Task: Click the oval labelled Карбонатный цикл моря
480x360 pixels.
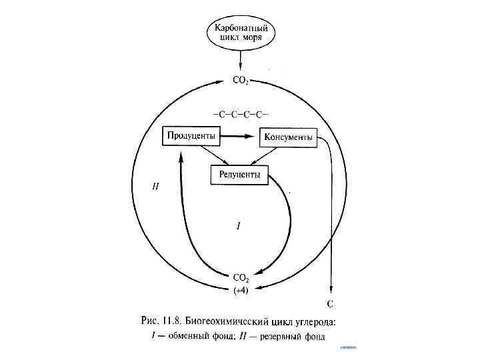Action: pyautogui.click(x=241, y=32)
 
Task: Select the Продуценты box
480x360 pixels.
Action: pyautogui.click(x=191, y=136)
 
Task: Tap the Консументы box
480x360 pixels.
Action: pyautogui.click(x=287, y=137)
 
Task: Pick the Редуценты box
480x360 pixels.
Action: pyautogui.click(x=239, y=175)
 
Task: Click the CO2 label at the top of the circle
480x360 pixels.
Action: pyautogui.click(x=241, y=81)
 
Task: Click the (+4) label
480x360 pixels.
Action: pyautogui.click(x=241, y=290)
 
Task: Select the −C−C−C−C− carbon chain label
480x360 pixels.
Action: pyautogui.click(x=240, y=115)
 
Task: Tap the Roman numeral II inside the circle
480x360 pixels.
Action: pyautogui.click(x=155, y=186)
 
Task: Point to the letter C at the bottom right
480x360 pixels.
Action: pyautogui.click(x=330, y=304)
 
